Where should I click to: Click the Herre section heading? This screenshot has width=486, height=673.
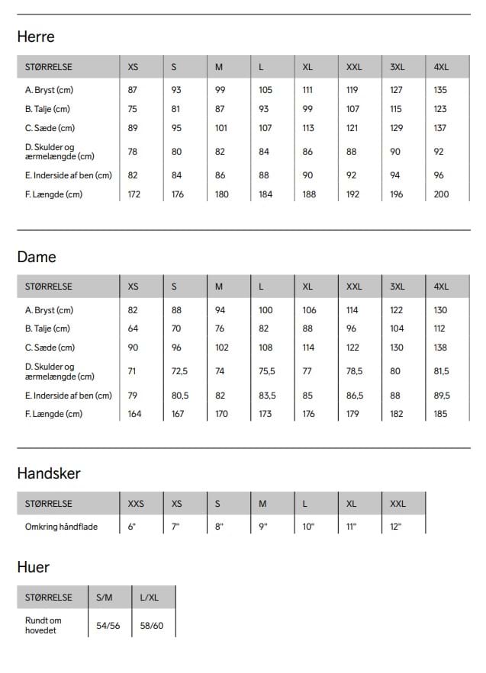[36, 37]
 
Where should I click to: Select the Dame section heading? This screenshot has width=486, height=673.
[37, 257]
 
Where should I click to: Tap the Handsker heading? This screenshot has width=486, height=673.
[49, 473]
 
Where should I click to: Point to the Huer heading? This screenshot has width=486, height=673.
[34, 567]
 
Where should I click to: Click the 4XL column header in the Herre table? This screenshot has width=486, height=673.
[441, 67]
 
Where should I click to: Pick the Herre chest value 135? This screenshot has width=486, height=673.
[440, 90]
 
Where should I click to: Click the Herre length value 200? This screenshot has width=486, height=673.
[441, 194]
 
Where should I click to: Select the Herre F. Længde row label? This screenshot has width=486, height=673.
[53, 194]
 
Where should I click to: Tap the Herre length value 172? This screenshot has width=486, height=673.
[134, 194]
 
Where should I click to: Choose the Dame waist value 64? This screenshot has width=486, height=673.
[132, 328]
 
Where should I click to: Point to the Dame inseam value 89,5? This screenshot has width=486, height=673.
[442, 396]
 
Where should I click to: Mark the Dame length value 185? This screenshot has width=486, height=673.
[441, 414]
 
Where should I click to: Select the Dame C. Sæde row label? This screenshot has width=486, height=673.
[50, 348]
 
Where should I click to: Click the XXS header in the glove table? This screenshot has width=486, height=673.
[136, 504]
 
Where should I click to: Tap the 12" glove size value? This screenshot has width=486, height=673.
[395, 527]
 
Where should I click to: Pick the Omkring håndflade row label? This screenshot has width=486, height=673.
[61, 527]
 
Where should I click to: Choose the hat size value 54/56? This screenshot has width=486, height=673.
[108, 626]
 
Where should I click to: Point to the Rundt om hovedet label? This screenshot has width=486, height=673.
[43, 625]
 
